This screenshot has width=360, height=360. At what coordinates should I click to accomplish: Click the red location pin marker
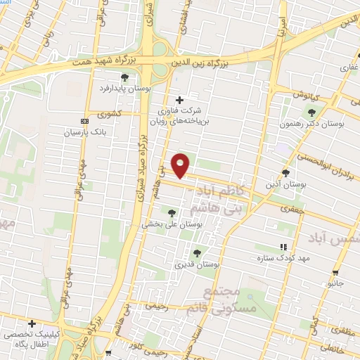181,165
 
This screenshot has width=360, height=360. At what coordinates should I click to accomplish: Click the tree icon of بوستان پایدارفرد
124,77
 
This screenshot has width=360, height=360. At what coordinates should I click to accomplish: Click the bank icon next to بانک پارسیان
85,121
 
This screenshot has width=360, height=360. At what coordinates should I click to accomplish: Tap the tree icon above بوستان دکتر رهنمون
311,111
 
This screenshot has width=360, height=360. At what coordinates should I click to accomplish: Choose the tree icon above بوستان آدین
285,173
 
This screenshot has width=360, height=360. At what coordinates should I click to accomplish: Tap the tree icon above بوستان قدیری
197,253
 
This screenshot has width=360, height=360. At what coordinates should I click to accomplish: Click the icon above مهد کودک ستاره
283,247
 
